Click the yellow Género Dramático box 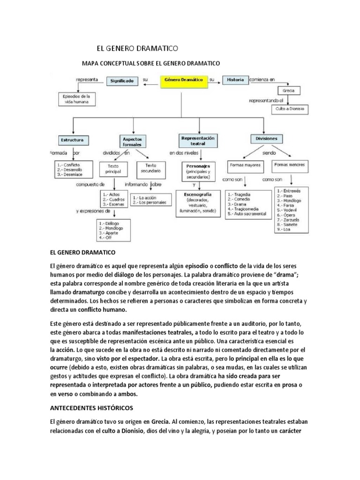click(183, 80)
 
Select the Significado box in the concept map click(122, 81)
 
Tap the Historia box click(235, 80)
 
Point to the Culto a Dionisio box click(290, 109)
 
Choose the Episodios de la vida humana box click(75, 99)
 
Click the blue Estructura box click(72, 140)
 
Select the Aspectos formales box click(134, 141)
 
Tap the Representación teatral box click(197, 141)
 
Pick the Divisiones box click(267, 139)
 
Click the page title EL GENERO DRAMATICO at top click(137, 48)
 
